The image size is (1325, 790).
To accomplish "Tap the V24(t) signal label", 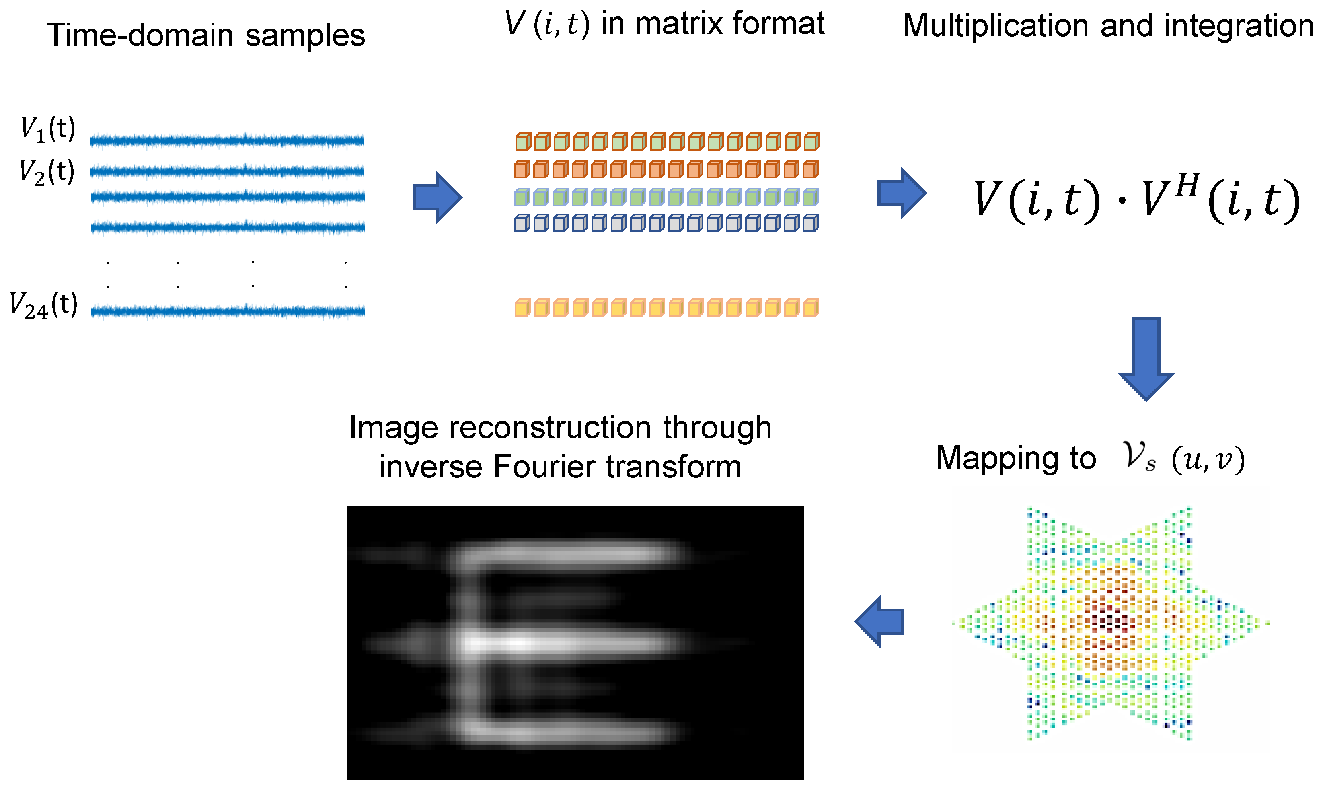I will coord(44,306).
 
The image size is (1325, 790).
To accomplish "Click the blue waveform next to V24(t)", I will coord(228,311).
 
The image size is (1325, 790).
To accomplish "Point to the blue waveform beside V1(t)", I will coord(227,140).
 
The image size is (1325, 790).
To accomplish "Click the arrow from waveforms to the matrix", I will coord(437,197).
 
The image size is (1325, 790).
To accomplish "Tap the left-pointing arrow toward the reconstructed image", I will coord(879,621).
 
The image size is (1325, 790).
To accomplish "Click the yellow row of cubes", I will coord(667,308).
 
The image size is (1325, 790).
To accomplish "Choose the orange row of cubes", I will coord(667,169).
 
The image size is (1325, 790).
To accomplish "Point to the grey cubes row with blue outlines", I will coord(667,222).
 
